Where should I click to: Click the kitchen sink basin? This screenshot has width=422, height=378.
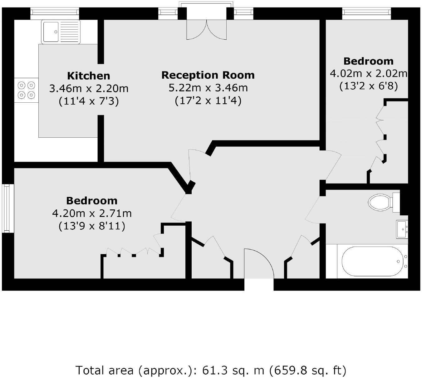click(51, 32)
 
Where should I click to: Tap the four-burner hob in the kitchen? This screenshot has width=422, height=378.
click(26, 90)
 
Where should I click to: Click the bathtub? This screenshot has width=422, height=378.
click(372, 261)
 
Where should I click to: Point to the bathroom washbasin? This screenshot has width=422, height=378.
click(402, 229)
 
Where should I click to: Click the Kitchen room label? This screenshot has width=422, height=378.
click(89, 76)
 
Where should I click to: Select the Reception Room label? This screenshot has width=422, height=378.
click(208, 75)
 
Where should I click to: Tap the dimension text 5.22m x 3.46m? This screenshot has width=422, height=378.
click(208, 88)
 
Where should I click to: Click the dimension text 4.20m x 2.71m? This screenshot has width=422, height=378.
click(92, 214)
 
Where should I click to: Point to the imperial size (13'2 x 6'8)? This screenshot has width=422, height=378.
click(369, 86)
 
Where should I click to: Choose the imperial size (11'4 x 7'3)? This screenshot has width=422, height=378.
click(89, 101)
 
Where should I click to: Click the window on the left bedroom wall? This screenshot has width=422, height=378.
click(8, 208)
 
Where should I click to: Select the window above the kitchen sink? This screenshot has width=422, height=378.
click(55, 12)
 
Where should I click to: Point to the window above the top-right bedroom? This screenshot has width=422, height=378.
click(366, 12)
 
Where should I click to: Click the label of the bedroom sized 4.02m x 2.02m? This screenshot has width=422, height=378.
click(368, 61)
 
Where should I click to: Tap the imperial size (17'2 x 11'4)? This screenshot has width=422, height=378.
click(208, 101)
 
